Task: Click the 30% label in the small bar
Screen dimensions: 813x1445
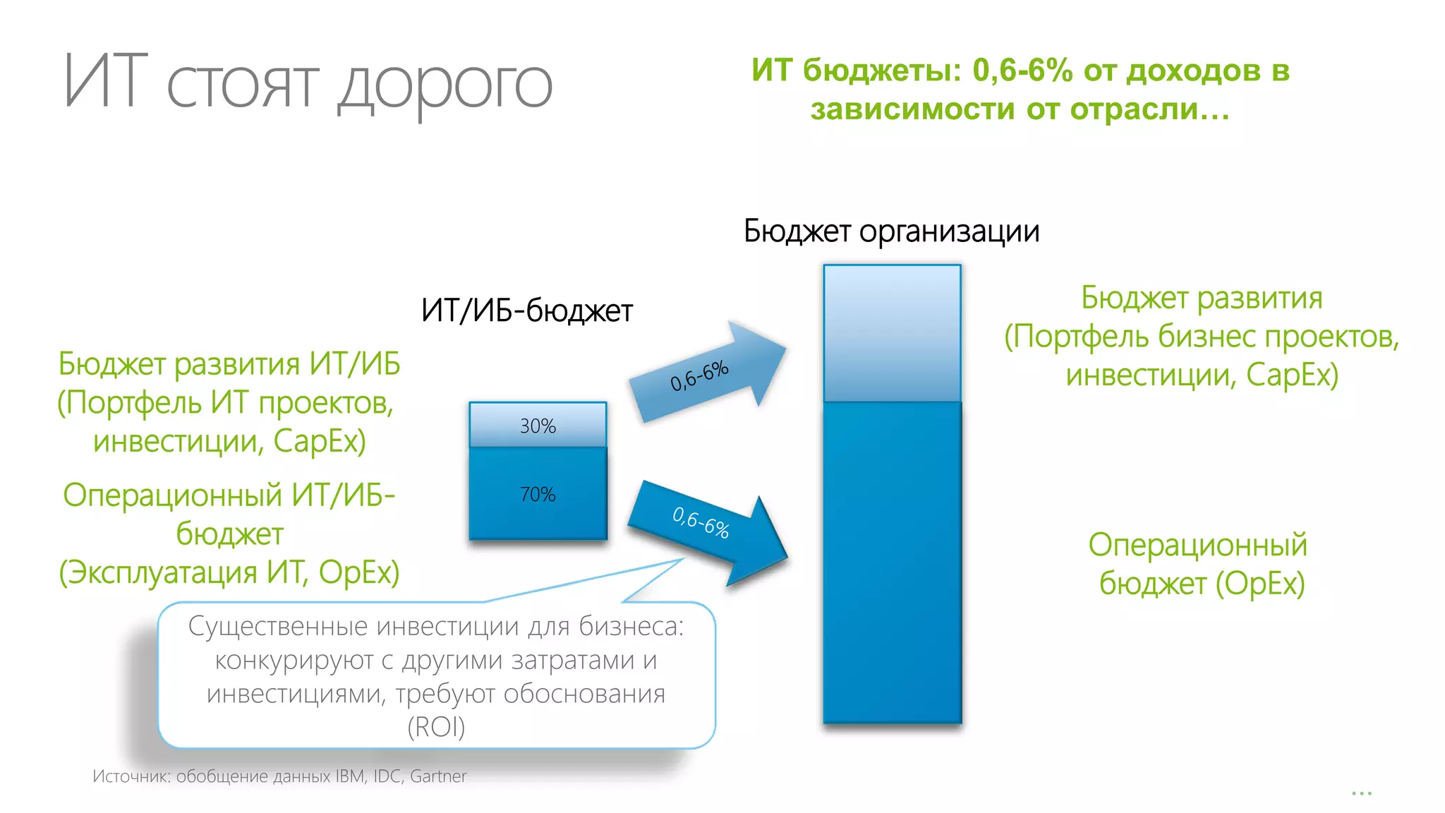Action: [x=538, y=426]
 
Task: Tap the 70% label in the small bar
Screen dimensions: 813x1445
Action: [x=538, y=494]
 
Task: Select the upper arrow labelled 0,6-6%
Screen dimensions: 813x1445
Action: [x=706, y=373]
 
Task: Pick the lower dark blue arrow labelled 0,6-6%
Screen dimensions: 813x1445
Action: [x=706, y=526]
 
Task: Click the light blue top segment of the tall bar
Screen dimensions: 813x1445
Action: [x=892, y=333]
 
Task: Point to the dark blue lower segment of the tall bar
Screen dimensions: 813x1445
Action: [x=892, y=565]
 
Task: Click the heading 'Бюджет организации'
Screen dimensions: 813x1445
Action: [x=891, y=231]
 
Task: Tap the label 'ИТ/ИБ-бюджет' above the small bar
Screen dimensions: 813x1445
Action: [x=527, y=311]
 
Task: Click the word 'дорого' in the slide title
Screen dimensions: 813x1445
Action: [x=446, y=85]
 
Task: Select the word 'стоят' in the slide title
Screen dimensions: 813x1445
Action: [x=243, y=85]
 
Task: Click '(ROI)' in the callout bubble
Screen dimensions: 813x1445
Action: [x=436, y=727]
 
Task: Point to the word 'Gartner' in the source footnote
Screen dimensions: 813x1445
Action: [x=438, y=776]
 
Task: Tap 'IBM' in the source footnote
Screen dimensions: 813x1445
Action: [x=350, y=776]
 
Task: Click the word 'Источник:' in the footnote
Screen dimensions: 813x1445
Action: [x=131, y=776]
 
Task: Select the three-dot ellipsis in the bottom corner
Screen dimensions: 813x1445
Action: [x=1361, y=794]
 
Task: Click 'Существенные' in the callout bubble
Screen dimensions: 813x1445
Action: [x=278, y=626]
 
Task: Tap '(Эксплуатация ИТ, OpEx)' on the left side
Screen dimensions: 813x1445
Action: [x=229, y=572]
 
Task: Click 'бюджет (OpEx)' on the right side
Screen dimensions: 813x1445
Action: [x=1202, y=584]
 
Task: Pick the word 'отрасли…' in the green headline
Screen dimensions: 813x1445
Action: [x=1149, y=109]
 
